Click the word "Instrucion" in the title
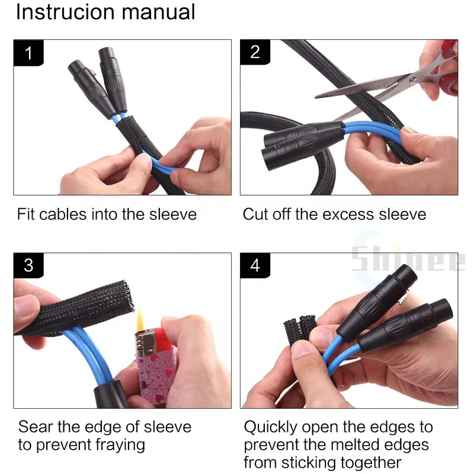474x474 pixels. point(65,12)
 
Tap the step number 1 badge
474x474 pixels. point(28,53)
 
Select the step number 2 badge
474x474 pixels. point(255,52)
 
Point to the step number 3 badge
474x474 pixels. point(28,265)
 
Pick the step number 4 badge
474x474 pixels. point(255,265)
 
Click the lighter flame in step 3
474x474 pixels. point(140,320)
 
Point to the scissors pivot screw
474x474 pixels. point(413,81)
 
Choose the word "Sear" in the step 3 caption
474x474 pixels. point(36,427)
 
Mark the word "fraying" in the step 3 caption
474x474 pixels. point(120,446)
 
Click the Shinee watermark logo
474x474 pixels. point(408,259)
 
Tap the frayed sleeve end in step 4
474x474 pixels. point(300,329)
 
